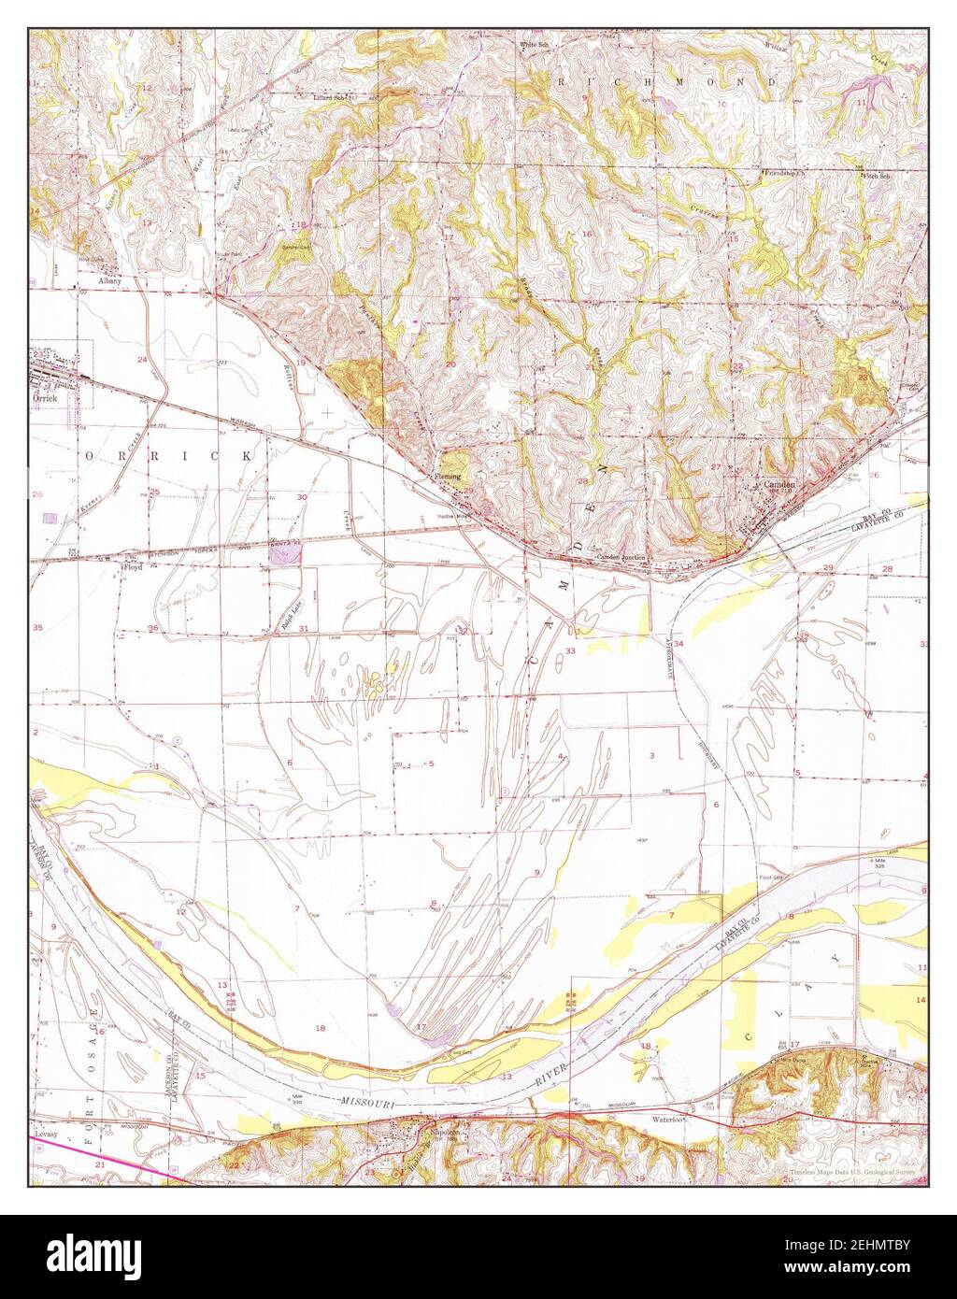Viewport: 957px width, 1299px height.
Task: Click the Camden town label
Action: tap(779, 485)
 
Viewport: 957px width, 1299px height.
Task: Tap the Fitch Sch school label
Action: tap(877, 175)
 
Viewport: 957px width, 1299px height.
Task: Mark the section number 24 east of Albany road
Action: tap(143, 360)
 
